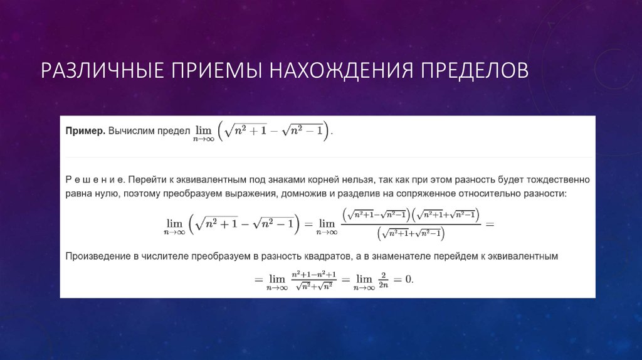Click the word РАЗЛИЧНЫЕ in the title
point(102,70)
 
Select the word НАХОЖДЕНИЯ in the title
point(342,70)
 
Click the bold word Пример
point(85,131)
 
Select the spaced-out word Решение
point(95,179)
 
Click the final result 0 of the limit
point(408,279)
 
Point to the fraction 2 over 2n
point(383,280)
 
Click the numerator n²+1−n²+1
point(313,275)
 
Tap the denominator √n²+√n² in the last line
point(314,286)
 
